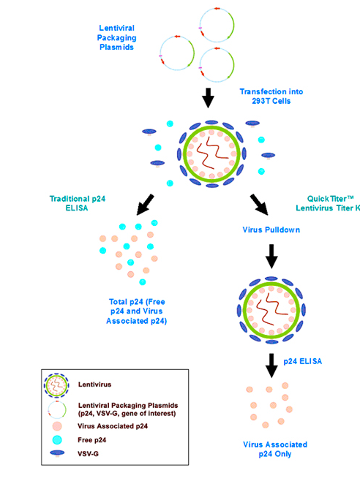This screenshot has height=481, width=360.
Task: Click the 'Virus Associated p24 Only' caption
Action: [275, 449]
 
